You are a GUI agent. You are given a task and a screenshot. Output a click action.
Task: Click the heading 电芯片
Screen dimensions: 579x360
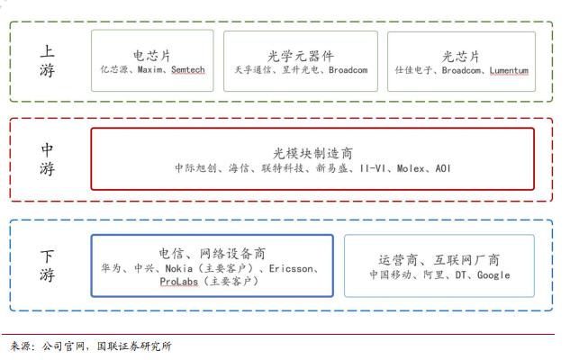click(x=152, y=56)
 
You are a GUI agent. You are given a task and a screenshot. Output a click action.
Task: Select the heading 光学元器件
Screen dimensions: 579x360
click(x=301, y=56)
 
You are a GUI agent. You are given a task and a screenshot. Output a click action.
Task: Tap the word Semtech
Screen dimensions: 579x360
click(x=188, y=69)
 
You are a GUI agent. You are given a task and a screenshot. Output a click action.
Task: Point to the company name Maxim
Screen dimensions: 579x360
click(x=149, y=69)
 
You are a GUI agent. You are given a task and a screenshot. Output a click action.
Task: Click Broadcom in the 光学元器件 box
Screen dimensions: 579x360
click(x=348, y=70)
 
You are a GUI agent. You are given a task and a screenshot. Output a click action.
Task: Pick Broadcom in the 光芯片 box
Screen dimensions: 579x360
click(x=462, y=70)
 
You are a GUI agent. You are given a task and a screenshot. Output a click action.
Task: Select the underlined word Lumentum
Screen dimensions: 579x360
click(x=509, y=70)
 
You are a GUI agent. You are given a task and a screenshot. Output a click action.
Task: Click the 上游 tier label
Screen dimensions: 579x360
click(x=47, y=61)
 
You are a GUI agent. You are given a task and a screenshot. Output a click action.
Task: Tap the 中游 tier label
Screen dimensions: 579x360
click(x=47, y=159)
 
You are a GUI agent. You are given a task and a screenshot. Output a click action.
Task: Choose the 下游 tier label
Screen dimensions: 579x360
click(x=47, y=265)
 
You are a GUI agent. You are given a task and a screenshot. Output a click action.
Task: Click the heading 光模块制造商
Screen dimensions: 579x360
click(x=312, y=153)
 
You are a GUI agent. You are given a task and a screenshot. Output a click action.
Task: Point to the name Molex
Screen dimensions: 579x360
click(x=411, y=168)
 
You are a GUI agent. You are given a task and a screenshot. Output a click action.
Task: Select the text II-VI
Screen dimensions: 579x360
click(x=373, y=168)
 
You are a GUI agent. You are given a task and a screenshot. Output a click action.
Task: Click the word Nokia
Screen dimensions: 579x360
click(x=179, y=268)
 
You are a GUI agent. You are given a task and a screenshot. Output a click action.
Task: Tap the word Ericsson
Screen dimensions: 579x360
click(x=291, y=268)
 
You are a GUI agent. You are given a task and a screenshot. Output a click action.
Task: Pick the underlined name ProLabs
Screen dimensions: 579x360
click(x=179, y=282)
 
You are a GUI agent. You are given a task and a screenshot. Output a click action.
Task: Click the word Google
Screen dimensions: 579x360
click(x=493, y=275)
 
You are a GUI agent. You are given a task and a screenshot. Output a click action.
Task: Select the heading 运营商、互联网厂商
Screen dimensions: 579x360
click(x=439, y=260)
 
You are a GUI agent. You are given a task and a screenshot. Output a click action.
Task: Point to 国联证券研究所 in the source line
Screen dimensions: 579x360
click(x=134, y=346)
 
